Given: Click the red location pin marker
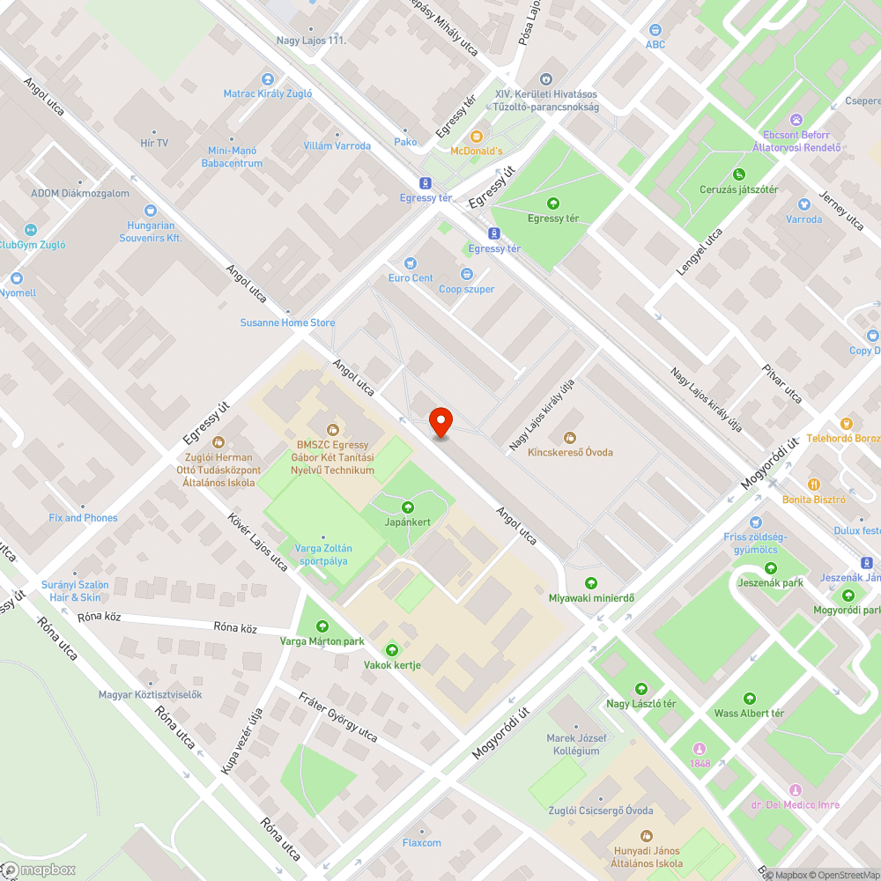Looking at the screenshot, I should pos(440,424).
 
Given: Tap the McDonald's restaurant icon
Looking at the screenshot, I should pos(477,137).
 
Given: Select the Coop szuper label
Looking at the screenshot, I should pos(467,289).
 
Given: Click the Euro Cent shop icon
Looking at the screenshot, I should pos(410,263).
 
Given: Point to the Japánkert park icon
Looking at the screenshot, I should pos(408,507).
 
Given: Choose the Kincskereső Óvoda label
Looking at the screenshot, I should pos(570,452).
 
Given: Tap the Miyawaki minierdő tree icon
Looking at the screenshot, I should pos(591,583).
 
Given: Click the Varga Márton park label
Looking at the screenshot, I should pos(322,641).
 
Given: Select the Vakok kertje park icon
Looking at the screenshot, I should pos(392,650).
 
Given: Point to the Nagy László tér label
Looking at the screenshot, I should pos(640,703).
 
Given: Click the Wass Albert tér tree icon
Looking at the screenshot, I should pos(749,699).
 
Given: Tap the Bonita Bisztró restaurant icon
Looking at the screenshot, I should pos(814,484).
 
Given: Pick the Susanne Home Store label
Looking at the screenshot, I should pos(288,322).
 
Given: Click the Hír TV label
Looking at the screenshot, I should pos(154,143).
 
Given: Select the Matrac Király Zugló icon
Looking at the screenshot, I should pos(267,79).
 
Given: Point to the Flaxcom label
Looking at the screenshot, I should pos(422,843).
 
